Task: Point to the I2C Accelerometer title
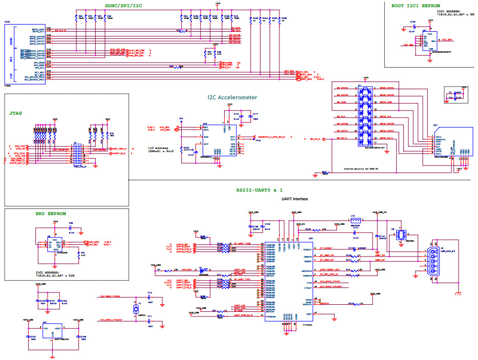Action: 232,97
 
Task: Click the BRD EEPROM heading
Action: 50,213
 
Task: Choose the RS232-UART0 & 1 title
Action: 259,189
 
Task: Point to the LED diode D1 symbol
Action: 202,269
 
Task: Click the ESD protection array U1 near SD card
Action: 364,114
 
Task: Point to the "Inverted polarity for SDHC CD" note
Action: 363,168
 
